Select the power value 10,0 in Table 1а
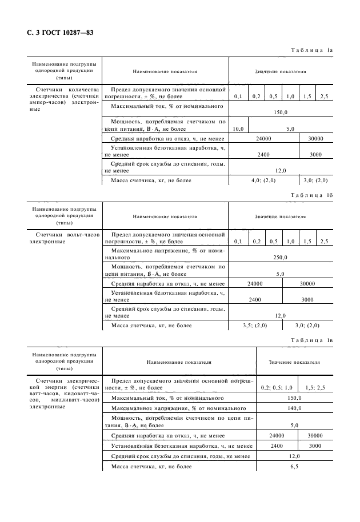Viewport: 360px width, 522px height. (238, 129)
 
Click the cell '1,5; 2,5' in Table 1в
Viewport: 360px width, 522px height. (315, 388)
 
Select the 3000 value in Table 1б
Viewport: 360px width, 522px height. (307, 299)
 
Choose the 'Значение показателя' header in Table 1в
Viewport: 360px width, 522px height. (294, 362)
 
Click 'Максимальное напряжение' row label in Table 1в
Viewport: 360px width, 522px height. (179, 409)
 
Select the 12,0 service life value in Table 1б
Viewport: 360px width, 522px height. (280, 316)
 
